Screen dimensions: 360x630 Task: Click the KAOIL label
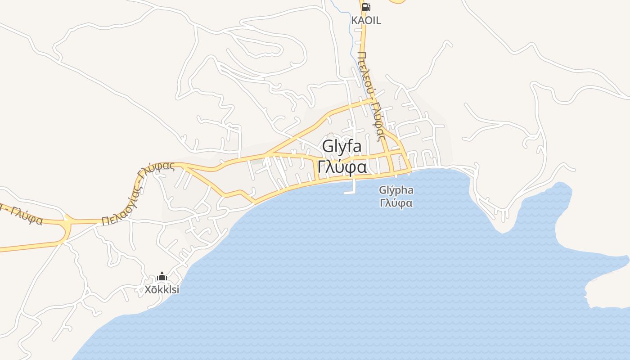(366, 20)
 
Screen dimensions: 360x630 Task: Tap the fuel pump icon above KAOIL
(366, 7)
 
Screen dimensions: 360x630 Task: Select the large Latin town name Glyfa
(342, 147)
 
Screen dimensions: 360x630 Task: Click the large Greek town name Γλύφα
(342, 167)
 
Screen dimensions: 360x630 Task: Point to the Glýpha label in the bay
(396, 190)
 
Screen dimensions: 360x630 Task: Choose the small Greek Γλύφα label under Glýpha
(396, 203)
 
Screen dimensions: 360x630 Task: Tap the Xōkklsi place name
(162, 290)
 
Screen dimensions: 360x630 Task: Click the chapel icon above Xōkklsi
(162, 276)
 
